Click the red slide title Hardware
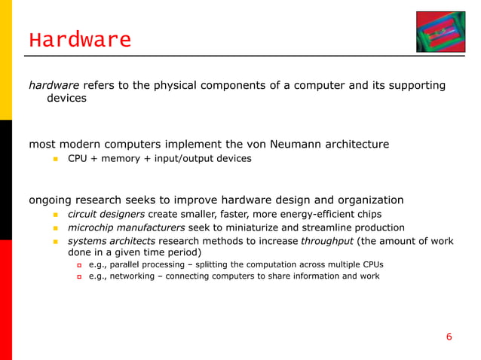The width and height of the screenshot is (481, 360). click(x=80, y=39)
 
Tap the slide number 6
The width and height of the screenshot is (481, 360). click(x=449, y=337)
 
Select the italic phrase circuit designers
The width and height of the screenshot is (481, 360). click(x=106, y=214)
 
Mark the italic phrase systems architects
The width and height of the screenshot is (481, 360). click(x=111, y=241)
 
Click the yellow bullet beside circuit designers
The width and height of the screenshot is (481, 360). click(x=55, y=215)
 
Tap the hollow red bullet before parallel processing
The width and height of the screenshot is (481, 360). click(x=78, y=265)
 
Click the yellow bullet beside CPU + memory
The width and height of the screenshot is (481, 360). click(x=55, y=159)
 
